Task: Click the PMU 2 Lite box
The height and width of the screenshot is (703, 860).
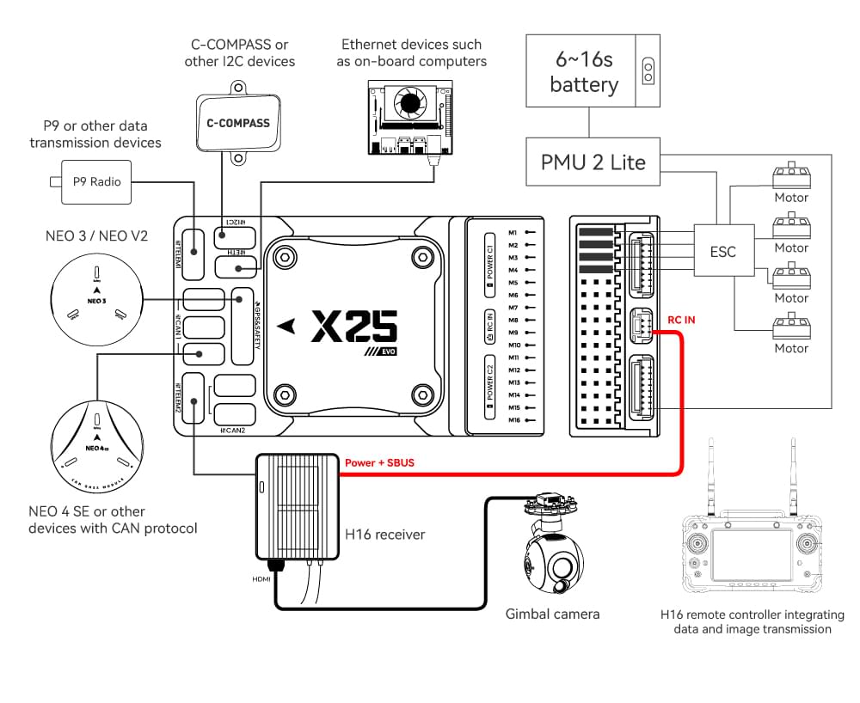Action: click(593, 162)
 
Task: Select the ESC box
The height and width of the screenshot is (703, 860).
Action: click(722, 252)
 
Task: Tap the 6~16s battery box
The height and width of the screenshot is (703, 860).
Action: click(583, 73)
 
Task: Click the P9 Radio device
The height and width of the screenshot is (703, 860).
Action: click(95, 181)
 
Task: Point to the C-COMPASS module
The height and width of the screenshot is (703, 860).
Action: click(237, 123)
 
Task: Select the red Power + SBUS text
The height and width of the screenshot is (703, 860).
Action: click(379, 463)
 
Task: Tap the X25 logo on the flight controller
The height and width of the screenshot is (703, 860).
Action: click(353, 327)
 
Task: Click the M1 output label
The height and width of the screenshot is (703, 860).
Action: click(513, 232)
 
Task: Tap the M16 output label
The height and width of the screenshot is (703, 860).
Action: click(514, 420)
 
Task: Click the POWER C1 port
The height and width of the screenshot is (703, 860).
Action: click(489, 258)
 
